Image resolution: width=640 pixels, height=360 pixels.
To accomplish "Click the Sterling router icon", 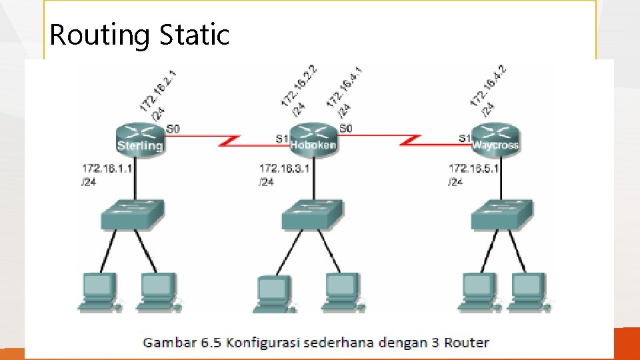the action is coord(139,137).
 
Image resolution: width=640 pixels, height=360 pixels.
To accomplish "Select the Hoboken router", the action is coord(313,138).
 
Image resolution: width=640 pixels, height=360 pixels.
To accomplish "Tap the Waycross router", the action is coord(495,138).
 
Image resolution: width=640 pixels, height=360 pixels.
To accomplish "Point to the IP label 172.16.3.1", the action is coord(285,169).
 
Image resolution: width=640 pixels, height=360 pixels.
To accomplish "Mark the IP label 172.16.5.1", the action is coord(474,169).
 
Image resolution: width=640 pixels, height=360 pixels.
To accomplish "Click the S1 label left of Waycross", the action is coord(465,138).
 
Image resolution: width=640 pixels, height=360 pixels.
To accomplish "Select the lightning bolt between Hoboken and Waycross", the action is coord(412,141).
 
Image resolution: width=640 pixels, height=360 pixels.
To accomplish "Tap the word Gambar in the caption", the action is coord(170,343).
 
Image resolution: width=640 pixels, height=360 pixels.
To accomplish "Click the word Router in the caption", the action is coord(465,343).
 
